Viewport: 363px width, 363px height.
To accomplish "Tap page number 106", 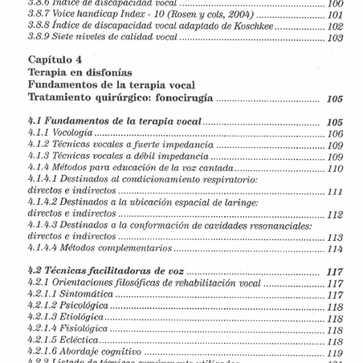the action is [335, 133].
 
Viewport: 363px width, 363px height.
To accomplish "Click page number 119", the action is [335, 353].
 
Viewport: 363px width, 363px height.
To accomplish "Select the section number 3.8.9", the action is [42, 39].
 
